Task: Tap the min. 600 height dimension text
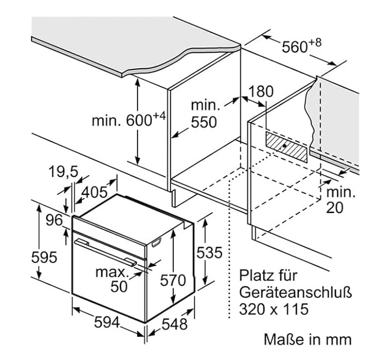coord(128,120)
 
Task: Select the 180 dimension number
coord(260,91)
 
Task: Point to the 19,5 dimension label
coord(62,173)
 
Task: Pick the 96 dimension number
coord(53,221)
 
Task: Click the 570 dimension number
coord(173,280)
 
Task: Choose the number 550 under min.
coord(203,122)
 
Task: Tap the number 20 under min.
coord(335,208)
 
